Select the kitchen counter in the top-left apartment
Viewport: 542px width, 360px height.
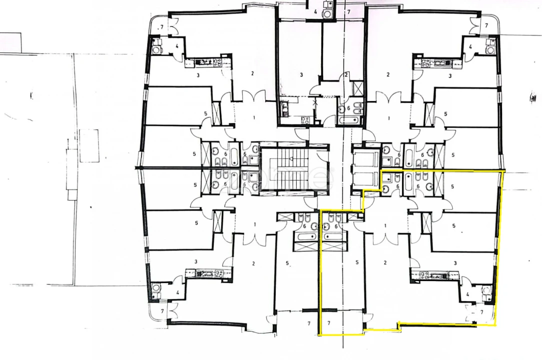206,63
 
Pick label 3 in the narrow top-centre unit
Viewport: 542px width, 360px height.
301,75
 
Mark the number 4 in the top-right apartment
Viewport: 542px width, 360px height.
470,46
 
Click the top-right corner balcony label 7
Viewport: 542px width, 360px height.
486,24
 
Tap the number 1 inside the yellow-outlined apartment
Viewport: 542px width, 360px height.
386,225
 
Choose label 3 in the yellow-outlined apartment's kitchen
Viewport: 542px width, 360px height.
455,262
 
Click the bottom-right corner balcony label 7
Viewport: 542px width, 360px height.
482,312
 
